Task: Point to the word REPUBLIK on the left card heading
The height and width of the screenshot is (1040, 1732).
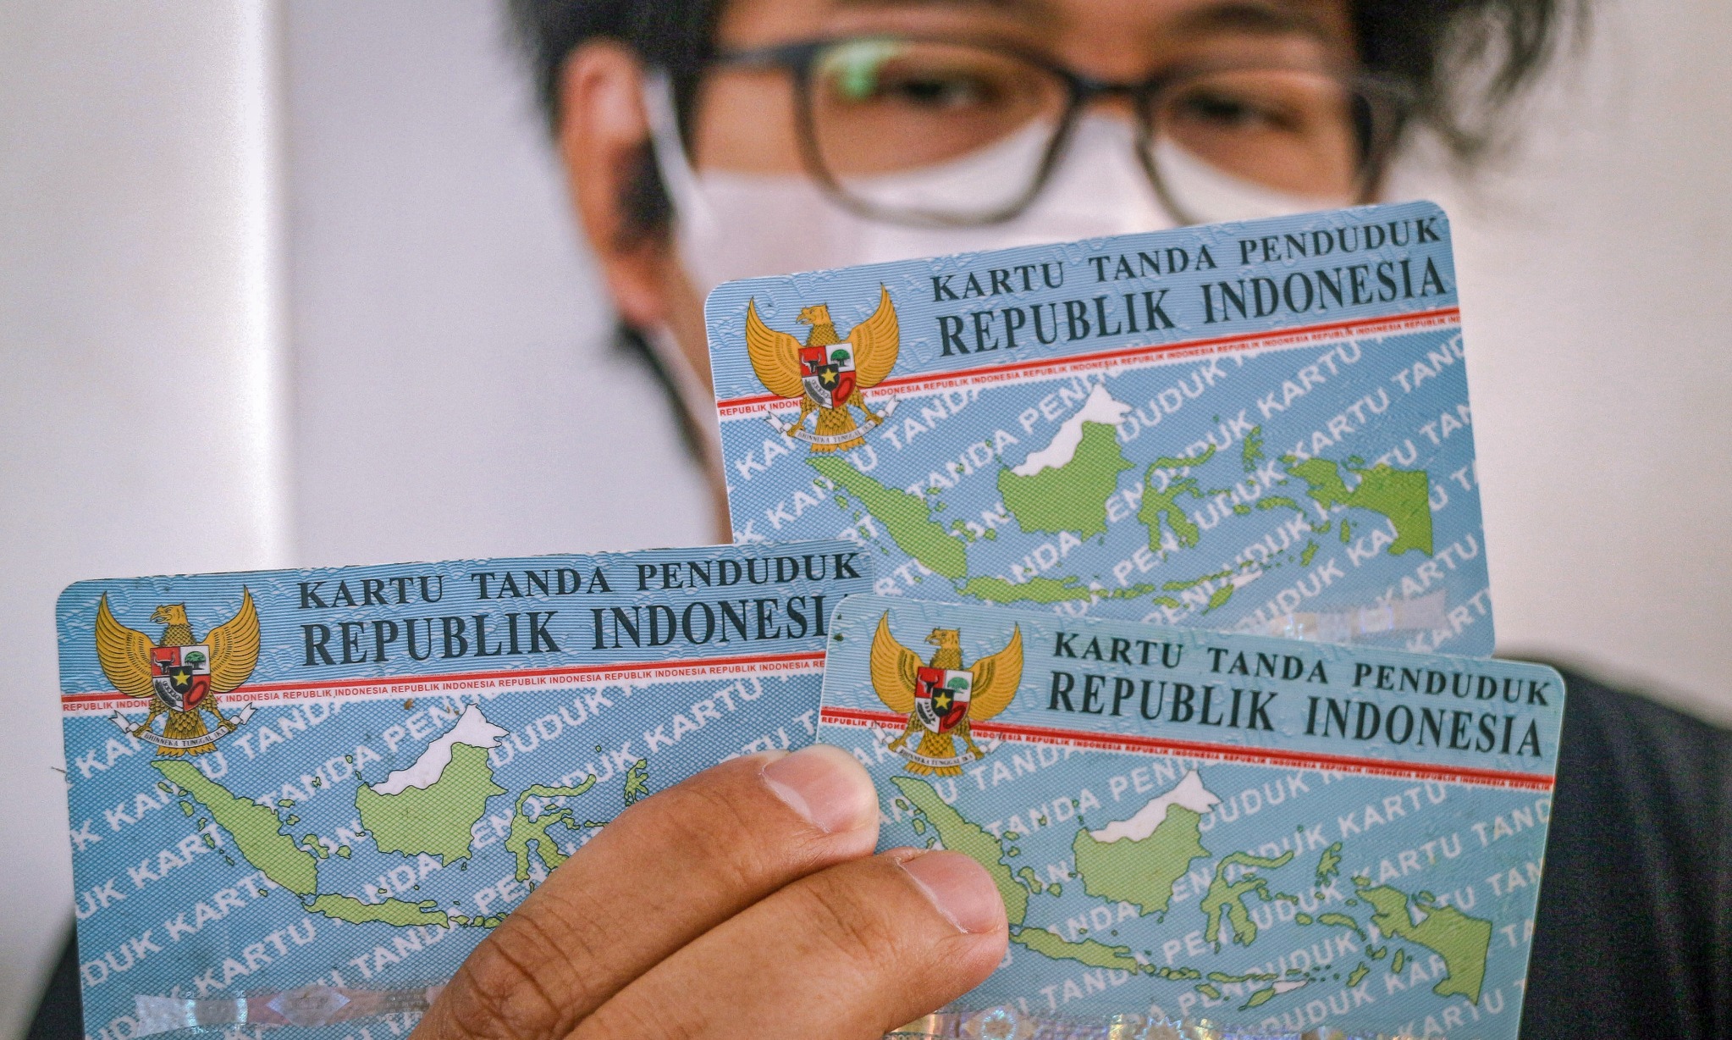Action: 431,634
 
